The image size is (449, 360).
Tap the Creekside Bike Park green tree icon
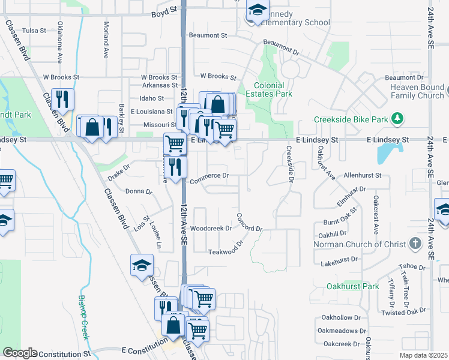click(397, 119)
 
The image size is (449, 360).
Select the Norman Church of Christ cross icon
click(414, 244)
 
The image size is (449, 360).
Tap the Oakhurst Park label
click(352, 286)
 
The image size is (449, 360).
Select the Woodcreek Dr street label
click(211, 229)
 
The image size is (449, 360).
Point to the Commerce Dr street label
click(209, 176)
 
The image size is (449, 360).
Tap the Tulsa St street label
click(34, 30)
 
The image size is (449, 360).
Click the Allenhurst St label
click(363, 175)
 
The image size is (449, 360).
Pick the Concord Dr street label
click(249, 223)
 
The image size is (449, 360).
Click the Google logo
click(20, 353)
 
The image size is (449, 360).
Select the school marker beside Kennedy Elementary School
click(257, 11)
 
